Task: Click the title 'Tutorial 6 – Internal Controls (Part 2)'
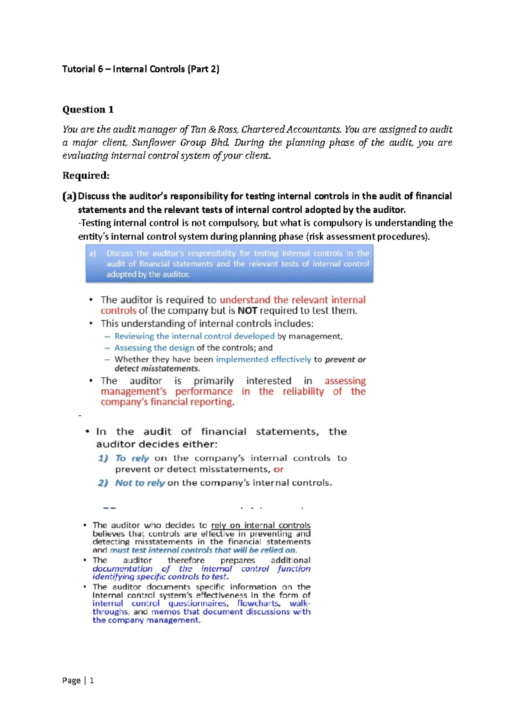pos(141,69)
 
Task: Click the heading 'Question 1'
pos(88,110)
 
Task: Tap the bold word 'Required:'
pos(86,175)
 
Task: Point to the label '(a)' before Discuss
pos(69,196)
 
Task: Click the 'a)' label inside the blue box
pos(93,253)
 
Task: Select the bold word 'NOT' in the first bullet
pos(247,311)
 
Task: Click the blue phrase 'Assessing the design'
pos(154,348)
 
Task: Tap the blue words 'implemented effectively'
pos(263,359)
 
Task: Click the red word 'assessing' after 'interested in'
pos(345,381)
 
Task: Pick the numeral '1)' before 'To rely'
pos(103,458)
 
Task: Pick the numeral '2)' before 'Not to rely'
pos(103,483)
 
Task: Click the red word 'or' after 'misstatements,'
pos(279,469)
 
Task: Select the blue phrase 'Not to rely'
pos(140,483)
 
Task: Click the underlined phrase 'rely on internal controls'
pos(261,525)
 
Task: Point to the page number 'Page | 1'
pos(78,680)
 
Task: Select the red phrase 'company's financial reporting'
pos(167,402)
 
